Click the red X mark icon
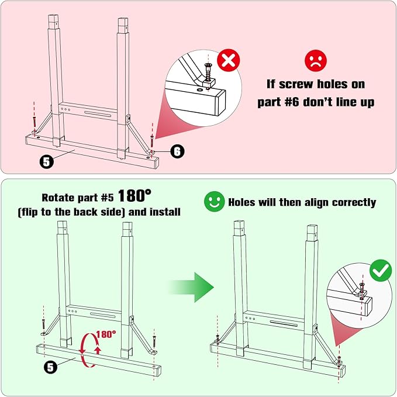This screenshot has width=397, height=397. (x=229, y=60)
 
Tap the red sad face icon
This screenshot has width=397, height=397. (x=316, y=60)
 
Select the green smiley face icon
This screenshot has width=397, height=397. (x=214, y=202)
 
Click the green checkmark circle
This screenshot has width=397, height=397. (x=381, y=270)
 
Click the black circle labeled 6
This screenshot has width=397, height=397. (x=177, y=151)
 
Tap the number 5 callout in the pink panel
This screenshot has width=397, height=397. (x=47, y=161)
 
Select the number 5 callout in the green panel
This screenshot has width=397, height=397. (x=50, y=367)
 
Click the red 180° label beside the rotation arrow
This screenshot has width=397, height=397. (x=106, y=334)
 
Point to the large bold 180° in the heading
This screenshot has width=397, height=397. (x=134, y=196)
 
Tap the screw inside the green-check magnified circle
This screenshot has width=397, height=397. (x=362, y=287)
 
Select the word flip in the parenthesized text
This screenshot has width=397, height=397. (x=29, y=212)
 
